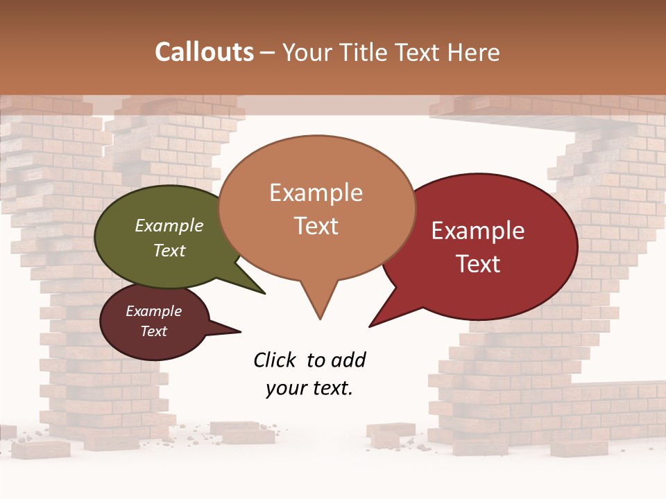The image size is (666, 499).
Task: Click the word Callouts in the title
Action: click(x=204, y=52)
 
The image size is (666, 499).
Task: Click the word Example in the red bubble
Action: click(x=478, y=231)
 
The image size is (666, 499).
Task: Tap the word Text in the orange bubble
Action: click(x=316, y=226)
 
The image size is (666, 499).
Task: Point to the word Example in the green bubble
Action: click(x=169, y=225)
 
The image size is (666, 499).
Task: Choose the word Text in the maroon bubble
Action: click(x=153, y=331)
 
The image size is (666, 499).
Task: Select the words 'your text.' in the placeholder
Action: click(x=309, y=388)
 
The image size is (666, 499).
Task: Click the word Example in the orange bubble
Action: click(x=316, y=192)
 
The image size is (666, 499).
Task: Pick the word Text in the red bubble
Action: click(x=479, y=264)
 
